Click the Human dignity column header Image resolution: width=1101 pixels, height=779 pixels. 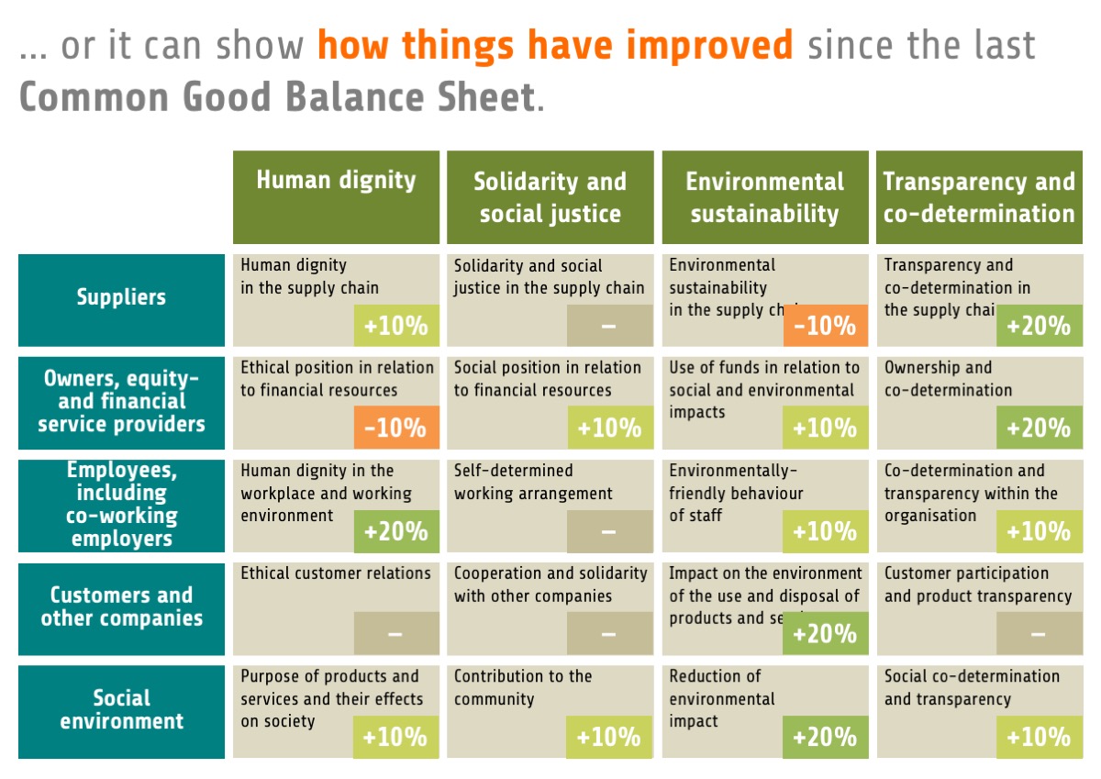[x=336, y=181]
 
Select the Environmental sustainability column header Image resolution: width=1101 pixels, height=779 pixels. [x=764, y=197]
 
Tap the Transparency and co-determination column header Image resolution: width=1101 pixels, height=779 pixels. [x=978, y=197]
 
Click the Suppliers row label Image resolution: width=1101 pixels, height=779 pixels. [x=121, y=297]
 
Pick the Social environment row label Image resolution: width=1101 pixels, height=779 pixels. [x=121, y=709]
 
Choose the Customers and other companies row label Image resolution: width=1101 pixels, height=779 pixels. [x=121, y=607]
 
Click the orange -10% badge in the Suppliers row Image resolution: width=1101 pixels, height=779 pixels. [x=825, y=326]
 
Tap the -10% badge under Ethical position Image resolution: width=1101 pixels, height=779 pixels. [x=395, y=428]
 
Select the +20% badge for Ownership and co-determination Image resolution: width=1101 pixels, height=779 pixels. [x=1039, y=428]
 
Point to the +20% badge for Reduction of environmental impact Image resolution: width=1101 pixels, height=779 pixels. [x=825, y=737]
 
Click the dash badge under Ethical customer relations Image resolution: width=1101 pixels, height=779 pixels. [x=395, y=634]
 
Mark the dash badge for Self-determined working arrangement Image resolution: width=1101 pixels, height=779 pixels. [x=610, y=531]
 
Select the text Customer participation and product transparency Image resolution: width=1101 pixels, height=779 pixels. [x=977, y=584]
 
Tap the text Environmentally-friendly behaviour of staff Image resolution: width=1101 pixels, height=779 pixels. [x=736, y=493]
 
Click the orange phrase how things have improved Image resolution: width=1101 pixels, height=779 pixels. [x=555, y=45]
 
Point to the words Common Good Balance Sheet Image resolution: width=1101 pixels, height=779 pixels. [x=276, y=96]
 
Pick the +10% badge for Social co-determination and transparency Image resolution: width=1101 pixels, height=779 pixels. [x=1039, y=737]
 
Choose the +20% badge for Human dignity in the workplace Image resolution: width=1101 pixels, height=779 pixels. [x=395, y=531]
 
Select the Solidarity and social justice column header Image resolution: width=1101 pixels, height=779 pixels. [x=550, y=197]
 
